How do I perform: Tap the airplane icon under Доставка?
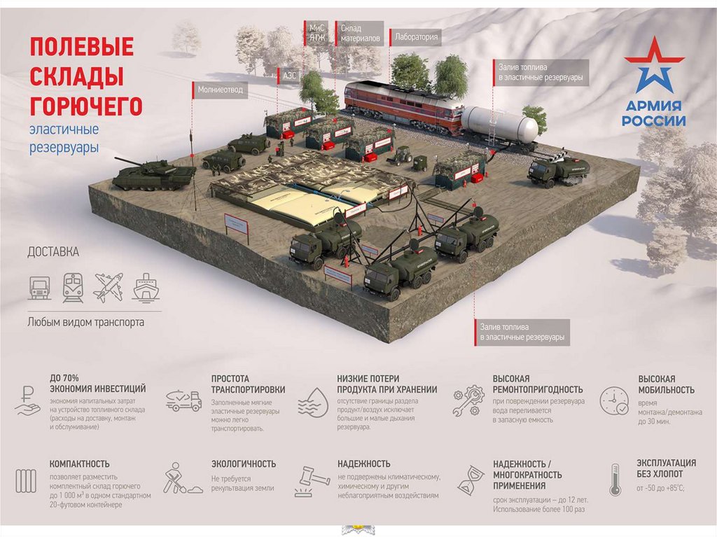pos(109,287)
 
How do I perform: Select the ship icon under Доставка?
pos(145,287)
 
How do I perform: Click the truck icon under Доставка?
pos(40,287)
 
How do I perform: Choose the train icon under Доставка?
pos(73,287)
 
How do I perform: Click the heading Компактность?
pos(79,463)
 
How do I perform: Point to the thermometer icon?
pos(615,480)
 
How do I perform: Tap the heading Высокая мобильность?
pos(666,384)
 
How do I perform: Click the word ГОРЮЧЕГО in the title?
pos(86,106)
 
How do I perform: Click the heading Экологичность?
pos(244,463)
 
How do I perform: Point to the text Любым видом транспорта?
pos(85,323)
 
